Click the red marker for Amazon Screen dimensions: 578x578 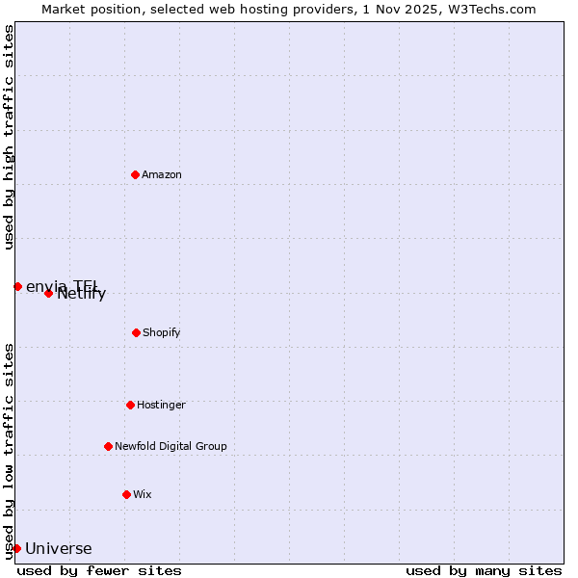point(135,174)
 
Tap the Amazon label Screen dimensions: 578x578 point(162,174)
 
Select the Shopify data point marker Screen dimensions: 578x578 point(136,332)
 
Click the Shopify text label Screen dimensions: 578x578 point(162,332)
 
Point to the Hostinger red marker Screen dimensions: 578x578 point(130,405)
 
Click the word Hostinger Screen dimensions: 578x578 point(161,405)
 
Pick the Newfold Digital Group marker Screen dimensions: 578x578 point(108,446)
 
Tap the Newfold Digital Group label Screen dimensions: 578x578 point(171,446)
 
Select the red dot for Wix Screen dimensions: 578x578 point(126,494)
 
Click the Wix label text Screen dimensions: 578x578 point(143,494)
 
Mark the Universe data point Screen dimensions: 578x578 point(16,548)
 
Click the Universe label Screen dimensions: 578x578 point(59,549)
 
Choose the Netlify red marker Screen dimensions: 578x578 point(48,293)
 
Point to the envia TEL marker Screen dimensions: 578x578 point(17,286)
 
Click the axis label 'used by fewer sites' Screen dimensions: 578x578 point(99,570)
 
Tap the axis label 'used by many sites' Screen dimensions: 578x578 point(484,570)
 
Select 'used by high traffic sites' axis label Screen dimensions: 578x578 point(9,137)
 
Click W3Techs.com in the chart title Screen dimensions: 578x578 point(489,9)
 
